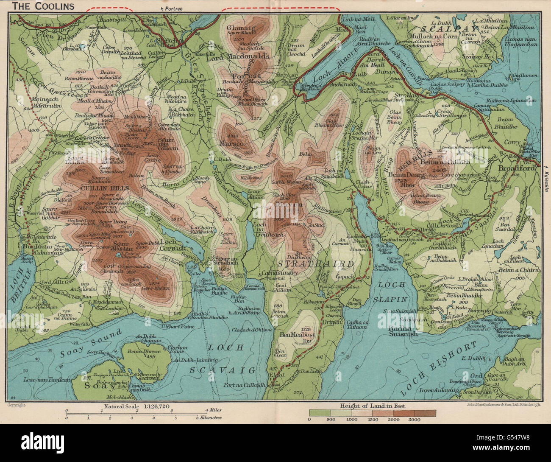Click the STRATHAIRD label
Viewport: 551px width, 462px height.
coord(315,264)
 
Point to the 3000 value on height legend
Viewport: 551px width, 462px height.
coord(415,420)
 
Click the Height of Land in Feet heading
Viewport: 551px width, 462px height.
coord(372,406)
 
